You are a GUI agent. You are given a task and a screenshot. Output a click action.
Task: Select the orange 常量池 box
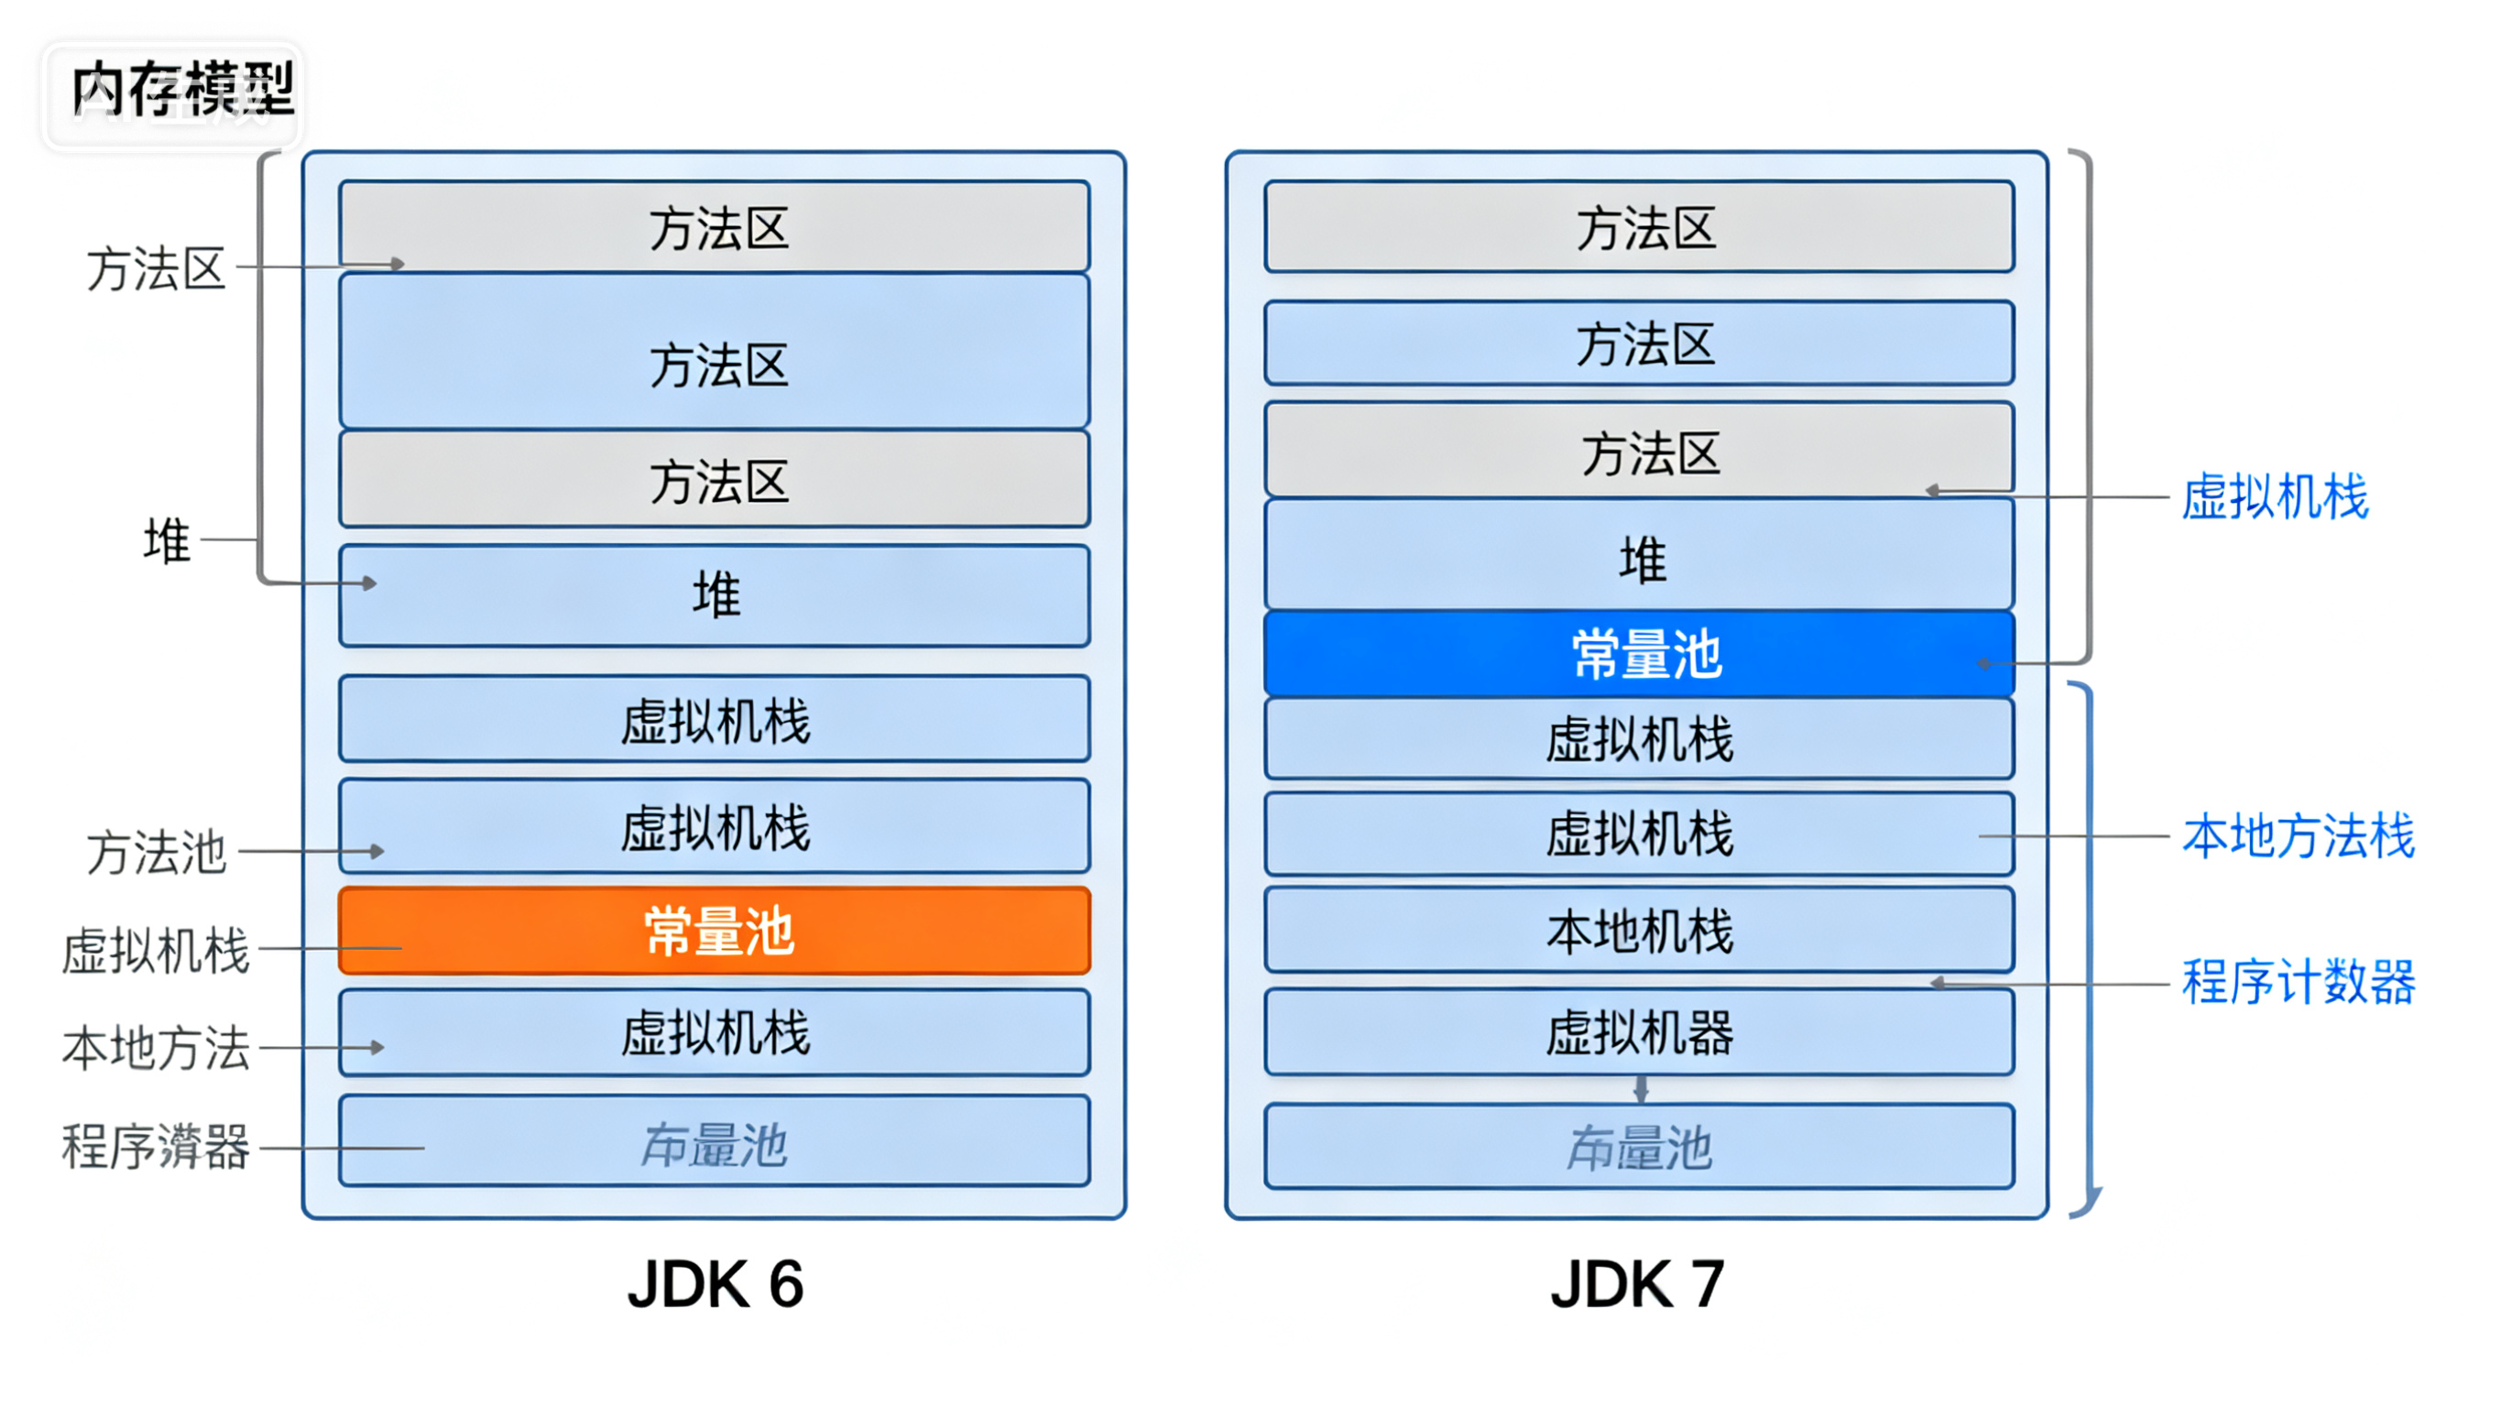715,931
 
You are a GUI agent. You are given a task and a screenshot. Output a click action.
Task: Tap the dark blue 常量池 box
1640,653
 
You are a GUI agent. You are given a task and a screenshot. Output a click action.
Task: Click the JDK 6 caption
715,1284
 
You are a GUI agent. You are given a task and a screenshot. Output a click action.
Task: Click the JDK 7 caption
1638,1284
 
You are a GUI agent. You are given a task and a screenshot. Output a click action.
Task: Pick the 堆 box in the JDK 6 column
715,595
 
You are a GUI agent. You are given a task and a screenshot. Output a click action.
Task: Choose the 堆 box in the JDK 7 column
1640,556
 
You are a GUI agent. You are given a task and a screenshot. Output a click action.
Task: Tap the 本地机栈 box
1640,931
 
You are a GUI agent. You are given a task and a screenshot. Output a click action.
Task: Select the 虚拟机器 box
1640,1031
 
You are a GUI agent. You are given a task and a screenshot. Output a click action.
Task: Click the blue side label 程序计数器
2297,982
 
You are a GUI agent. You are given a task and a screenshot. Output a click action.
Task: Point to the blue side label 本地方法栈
2297,836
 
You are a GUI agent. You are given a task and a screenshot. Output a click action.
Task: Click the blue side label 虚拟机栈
2274,496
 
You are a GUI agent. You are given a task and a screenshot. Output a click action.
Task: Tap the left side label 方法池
156,852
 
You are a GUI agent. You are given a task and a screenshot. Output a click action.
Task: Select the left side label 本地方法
156,1048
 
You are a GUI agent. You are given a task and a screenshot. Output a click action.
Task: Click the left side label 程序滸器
156,1146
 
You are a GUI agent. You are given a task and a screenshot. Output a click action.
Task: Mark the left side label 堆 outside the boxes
166,540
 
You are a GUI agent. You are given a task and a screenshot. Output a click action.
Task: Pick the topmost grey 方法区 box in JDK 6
715,226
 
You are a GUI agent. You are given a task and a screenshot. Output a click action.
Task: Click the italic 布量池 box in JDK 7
1640,1146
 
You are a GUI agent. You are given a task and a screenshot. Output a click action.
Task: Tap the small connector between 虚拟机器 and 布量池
1641,1088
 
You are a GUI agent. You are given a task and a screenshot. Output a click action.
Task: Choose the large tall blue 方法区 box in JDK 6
715,352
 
